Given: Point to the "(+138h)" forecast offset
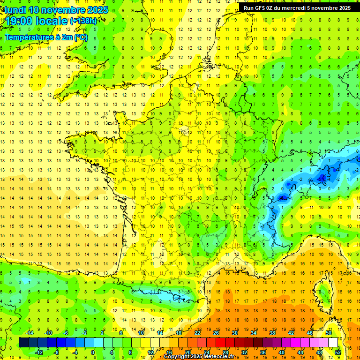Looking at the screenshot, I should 83,21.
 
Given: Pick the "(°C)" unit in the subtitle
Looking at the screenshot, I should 81,37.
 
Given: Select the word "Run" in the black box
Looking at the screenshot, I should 248,8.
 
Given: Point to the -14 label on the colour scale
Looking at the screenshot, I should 29,333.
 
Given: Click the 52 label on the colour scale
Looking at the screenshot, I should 338,352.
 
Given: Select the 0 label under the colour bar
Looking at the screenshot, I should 93,352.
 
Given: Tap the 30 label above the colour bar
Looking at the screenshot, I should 234,333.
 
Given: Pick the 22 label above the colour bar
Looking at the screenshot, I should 197,333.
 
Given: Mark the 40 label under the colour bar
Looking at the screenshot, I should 281,352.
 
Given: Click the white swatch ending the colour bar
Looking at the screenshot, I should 333,343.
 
